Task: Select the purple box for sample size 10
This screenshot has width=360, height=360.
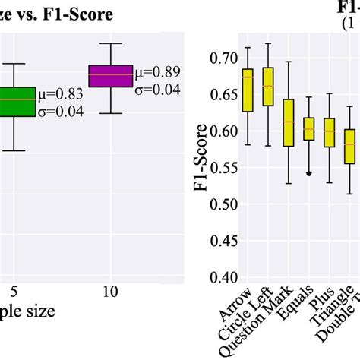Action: click(x=110, y=76)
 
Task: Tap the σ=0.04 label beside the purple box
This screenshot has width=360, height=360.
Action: click(x=158, y=90)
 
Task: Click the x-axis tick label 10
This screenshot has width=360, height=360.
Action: click(x=111, y=290)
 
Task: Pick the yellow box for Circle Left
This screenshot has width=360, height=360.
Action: click(x=267, y=86)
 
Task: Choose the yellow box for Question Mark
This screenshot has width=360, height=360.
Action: click(x=288, y=122)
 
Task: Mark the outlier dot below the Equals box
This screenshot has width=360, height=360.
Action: click(x=308, y=173)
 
